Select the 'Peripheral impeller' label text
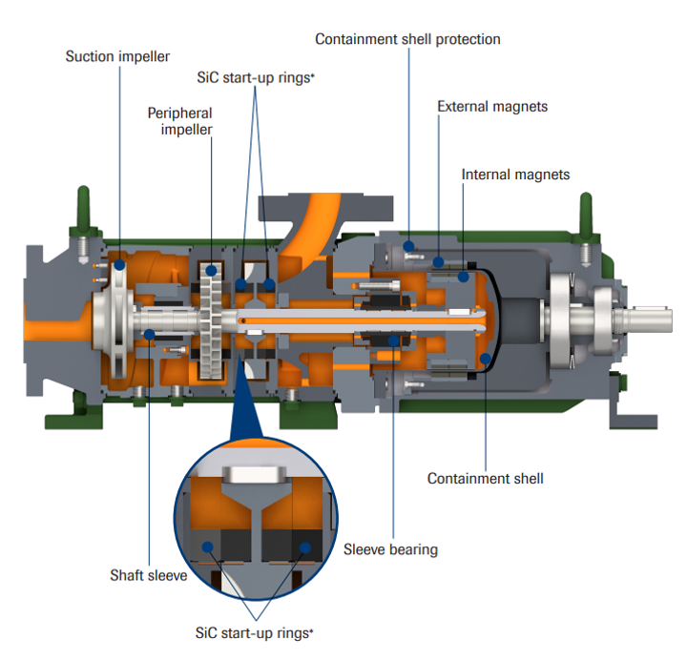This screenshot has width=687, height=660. (x=179, y=121)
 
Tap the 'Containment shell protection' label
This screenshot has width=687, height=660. (x=407, y=39)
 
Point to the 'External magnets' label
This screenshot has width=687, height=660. (x=492, y=106)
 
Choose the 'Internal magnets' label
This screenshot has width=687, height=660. (x=515, y=175)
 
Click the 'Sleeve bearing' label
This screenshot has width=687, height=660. (x=390, y=549)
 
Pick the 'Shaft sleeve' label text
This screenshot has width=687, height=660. (x=148, y=575)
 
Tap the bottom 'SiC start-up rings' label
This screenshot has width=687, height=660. (x=254, y=631)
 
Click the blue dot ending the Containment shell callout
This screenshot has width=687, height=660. (x=486, y=360)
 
